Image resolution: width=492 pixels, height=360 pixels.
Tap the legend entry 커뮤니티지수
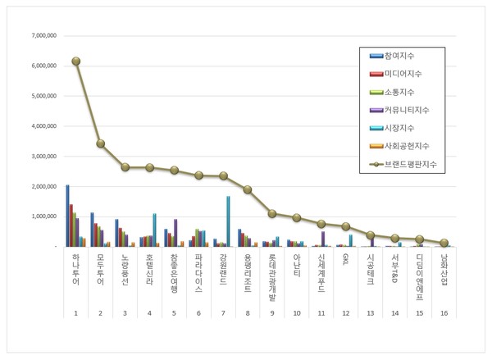tap(408, 110)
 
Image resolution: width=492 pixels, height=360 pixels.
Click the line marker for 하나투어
tap(75, 61)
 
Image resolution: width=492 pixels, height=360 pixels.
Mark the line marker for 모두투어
tap(100, 143)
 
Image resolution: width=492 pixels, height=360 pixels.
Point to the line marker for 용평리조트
tap(248, 189)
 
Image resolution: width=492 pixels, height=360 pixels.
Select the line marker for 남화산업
tap(444, 243)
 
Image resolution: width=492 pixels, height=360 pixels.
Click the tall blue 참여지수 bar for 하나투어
tap(67, 215)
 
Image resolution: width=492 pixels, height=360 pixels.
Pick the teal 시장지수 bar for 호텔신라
tap(154, 230)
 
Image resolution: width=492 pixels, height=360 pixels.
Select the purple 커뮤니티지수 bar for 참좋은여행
tap(175, 232)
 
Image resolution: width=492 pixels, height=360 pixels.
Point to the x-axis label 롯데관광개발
tap(272, 276)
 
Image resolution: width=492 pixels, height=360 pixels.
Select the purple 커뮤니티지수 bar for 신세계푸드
tap(323, 238)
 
